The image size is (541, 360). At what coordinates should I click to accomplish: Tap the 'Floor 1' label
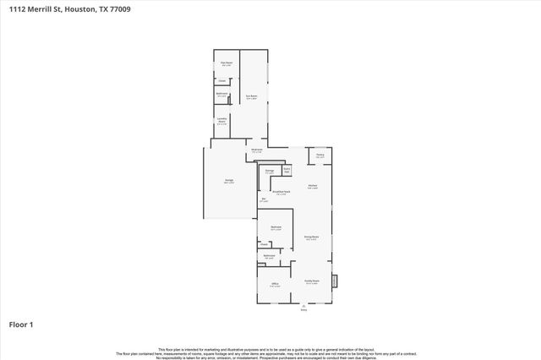click(21, 324)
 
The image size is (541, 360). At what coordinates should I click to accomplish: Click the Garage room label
click(229, 182)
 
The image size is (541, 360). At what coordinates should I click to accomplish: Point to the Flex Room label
click(226, 64)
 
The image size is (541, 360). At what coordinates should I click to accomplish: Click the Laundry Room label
click(221, 121)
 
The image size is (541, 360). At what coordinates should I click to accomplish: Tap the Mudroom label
click(257, 150)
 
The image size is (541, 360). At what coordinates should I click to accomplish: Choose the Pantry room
click(320, 156)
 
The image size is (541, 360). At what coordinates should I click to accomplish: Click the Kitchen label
click(312, 186)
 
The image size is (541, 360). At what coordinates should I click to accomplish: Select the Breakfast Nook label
click(281, 192)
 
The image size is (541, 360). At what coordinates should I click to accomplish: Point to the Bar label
click(264, 200)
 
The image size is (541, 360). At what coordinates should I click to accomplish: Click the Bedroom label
click(276, 228)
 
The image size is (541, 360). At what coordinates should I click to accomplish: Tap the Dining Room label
click(311, 238)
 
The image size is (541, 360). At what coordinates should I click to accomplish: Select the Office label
click(275, 285)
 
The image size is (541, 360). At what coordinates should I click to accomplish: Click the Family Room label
click(311, 283)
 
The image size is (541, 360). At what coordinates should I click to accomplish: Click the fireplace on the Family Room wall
click(334, 280)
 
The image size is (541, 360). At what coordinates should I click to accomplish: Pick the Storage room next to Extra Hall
click(270, 172)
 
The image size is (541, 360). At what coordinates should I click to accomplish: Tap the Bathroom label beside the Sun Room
click(221, 94)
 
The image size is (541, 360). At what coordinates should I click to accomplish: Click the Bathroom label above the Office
click(269, 256)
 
